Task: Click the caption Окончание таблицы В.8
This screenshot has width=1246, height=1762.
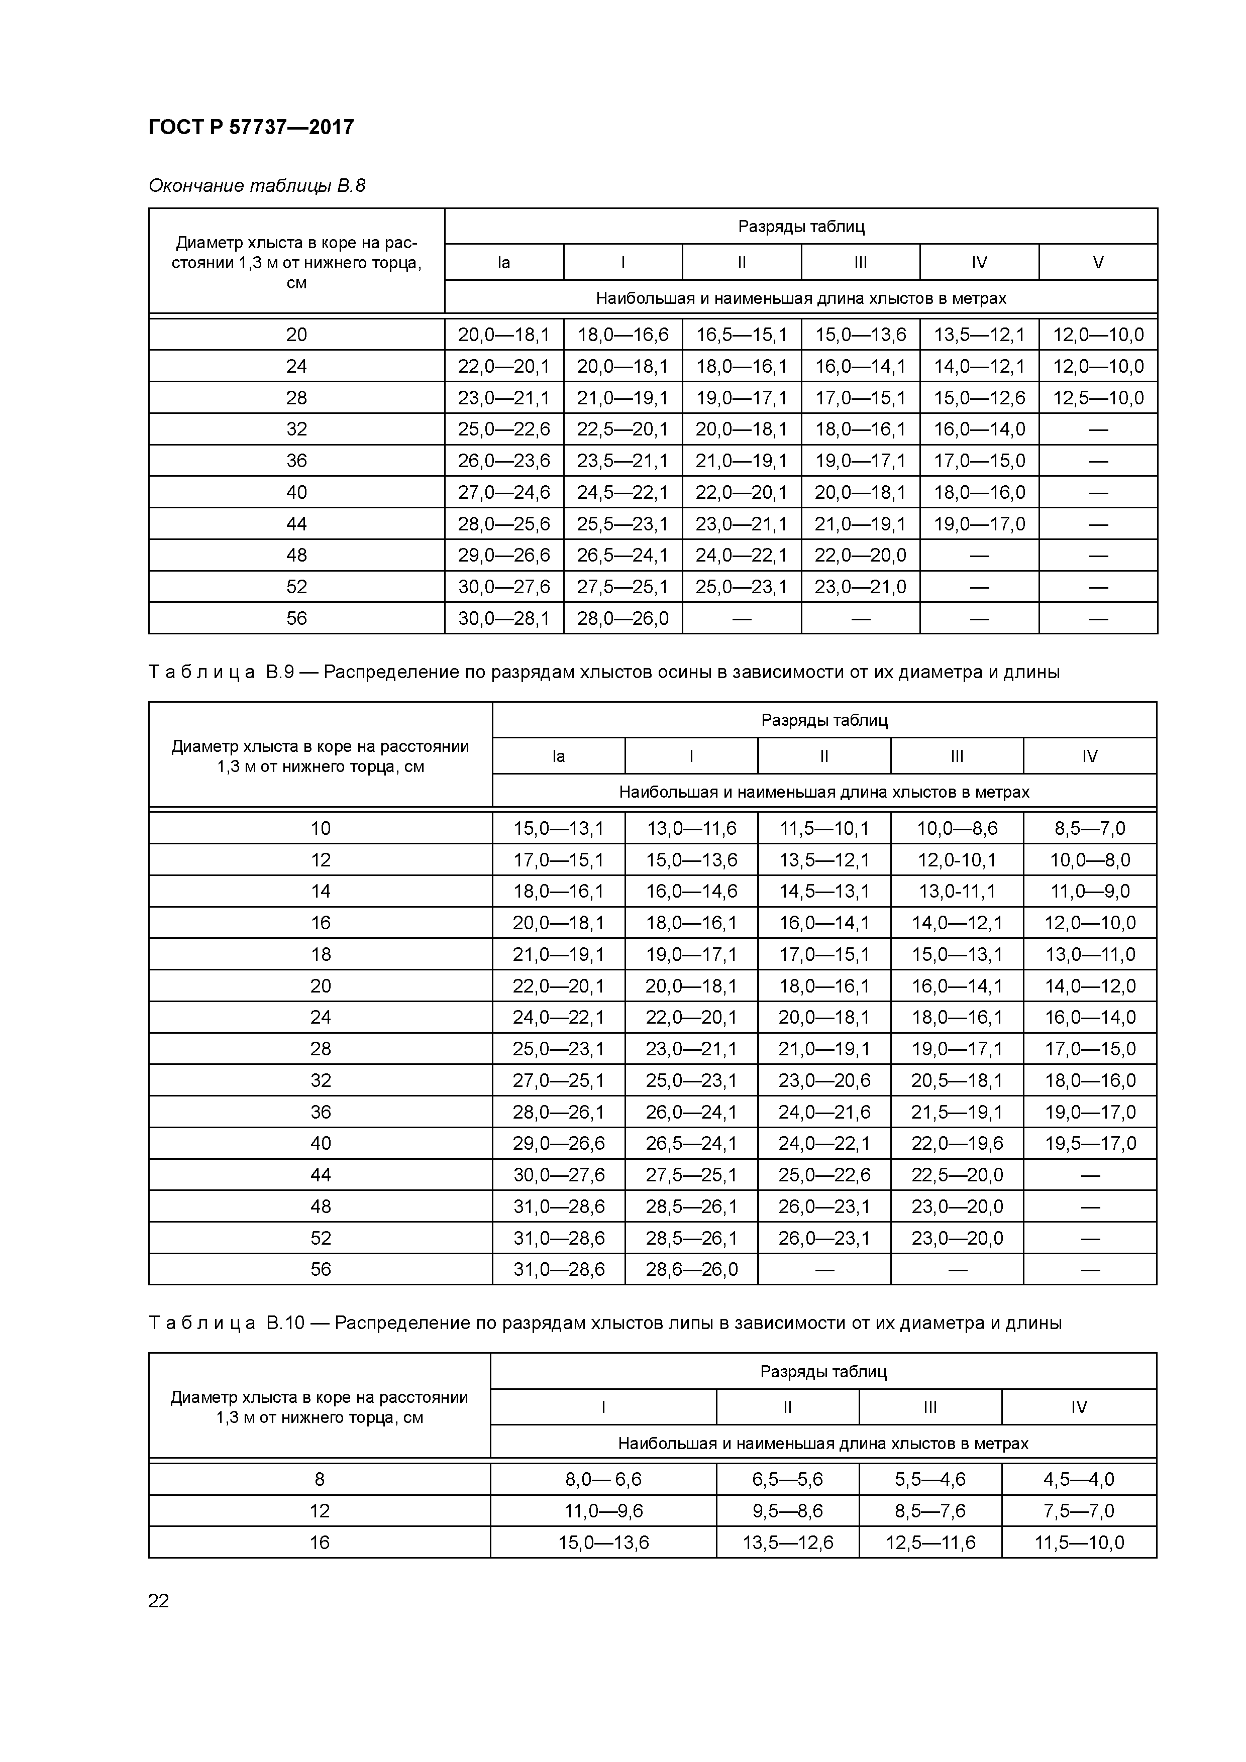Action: [256, 186]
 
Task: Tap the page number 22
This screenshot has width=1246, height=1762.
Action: [158, 1600]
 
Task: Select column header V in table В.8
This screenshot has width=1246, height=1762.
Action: [1098, 263]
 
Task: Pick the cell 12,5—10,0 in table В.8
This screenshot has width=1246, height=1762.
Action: [1098, 397]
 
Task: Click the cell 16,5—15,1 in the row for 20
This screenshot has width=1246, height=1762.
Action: [741, 335]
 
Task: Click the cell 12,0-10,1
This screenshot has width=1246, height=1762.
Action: [957, 859]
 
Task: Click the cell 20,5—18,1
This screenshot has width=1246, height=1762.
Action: [957, 1080]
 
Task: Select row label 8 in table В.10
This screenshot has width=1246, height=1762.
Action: [320, 1479]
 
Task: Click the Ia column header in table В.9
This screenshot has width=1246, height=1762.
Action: [558, 756]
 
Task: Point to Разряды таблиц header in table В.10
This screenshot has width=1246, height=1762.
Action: [823, 1371]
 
